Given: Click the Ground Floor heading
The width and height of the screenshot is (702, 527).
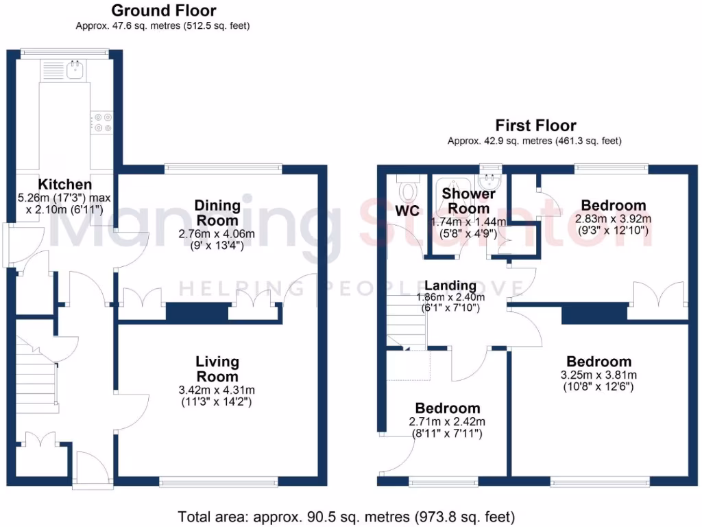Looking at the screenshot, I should coord(163,11).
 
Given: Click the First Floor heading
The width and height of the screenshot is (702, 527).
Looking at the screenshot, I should coord(536,126).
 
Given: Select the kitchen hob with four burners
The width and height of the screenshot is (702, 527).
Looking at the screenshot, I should coord(102,121).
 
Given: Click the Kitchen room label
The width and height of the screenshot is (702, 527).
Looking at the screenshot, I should coord(64,185).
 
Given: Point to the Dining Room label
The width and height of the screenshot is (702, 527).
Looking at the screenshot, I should coord(217,213).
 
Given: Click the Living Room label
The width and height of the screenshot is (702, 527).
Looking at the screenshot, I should coord(217,369).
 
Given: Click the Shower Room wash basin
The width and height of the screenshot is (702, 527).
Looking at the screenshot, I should coord(489,181).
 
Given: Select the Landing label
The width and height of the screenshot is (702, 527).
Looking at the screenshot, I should coord(450,285).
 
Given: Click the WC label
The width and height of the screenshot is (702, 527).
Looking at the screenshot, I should coord(407,211).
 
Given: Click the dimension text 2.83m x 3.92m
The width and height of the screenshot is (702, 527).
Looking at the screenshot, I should coord(613,219).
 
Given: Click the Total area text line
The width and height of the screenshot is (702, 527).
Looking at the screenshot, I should coord(346,516).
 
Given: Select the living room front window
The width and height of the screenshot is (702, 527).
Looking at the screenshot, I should coord(219,482).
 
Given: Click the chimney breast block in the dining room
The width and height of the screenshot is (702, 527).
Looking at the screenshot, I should coord(197,312).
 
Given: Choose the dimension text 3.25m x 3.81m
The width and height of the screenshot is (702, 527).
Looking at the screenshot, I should coord(598,375).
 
